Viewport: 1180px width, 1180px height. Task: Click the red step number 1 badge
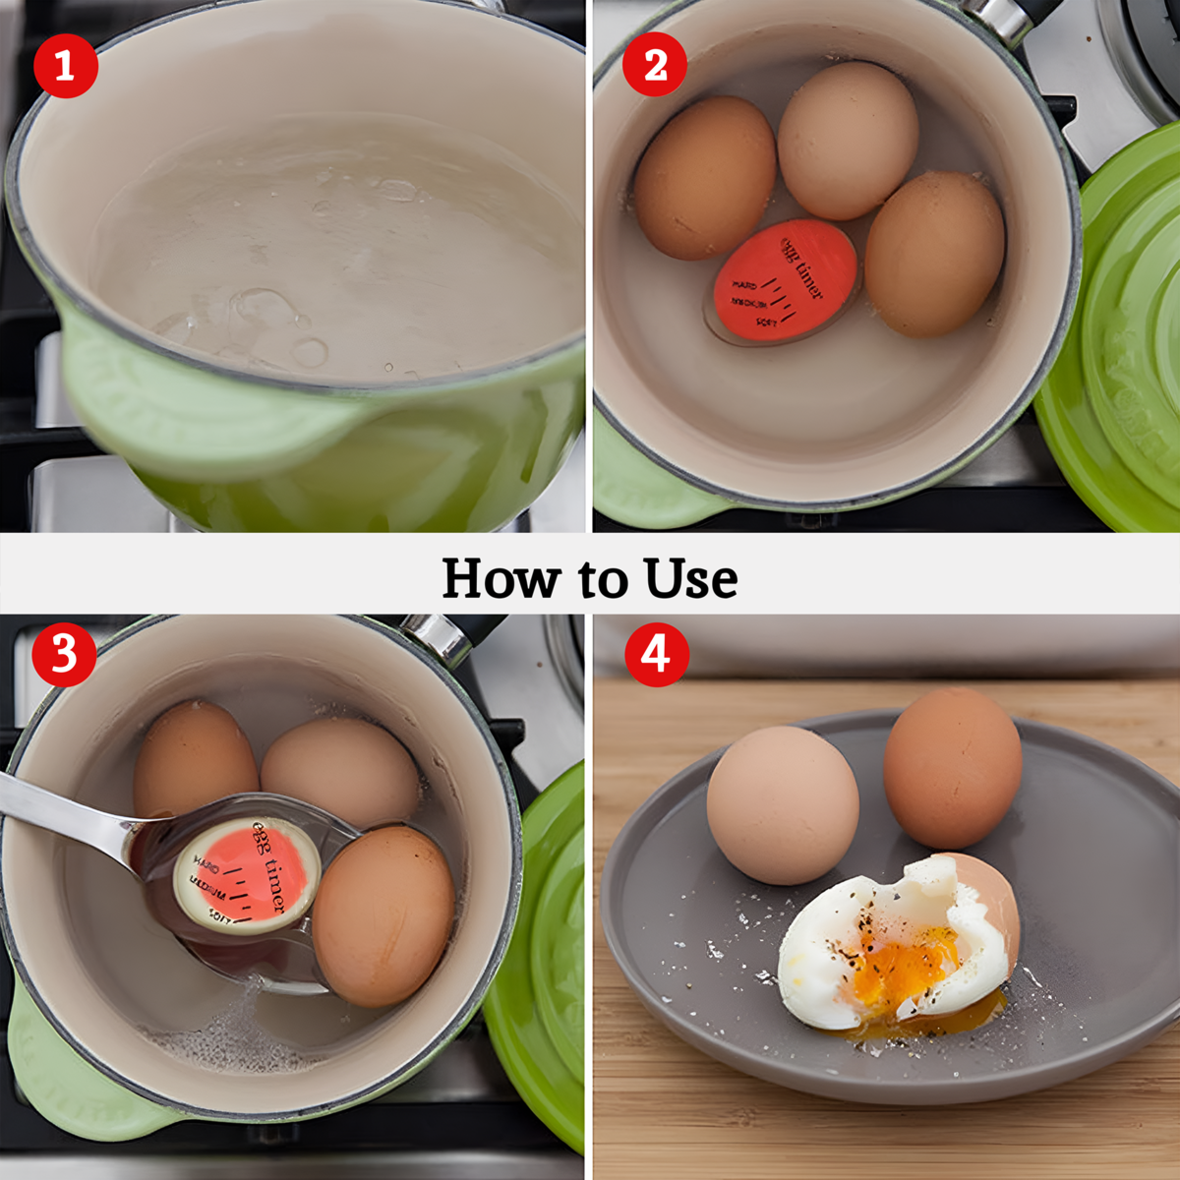65,66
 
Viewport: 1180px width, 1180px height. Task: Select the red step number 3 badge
64,653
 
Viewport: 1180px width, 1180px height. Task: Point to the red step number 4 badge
656,653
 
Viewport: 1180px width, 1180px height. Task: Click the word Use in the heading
690,578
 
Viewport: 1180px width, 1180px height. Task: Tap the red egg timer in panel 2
784,281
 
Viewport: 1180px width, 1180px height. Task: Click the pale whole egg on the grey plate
782,804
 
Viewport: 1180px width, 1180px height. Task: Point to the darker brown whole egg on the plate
951,767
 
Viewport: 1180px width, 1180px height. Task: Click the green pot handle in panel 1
197,413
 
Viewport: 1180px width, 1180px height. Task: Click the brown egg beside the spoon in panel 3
383,914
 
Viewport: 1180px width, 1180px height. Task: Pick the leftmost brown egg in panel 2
704,178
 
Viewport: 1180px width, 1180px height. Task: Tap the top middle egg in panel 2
848,140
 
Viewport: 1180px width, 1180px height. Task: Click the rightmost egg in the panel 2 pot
934,254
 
